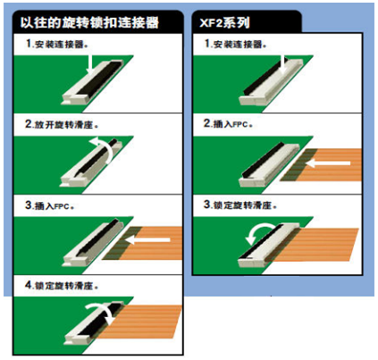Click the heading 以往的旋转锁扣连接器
[89, 22]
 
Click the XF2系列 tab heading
[224, 22]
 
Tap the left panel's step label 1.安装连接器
[56, 44]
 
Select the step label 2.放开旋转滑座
[62, 124]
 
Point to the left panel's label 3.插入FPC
[49, 205]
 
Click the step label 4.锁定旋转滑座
[62, 285]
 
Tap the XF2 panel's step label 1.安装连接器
[235, 44]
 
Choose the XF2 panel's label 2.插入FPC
[228, 123]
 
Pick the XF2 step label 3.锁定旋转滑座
[240, 205]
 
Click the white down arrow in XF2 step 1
[282, 64]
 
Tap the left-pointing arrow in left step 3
[147, 239]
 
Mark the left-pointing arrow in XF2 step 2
[328, 163]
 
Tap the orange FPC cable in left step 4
[140, 322]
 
